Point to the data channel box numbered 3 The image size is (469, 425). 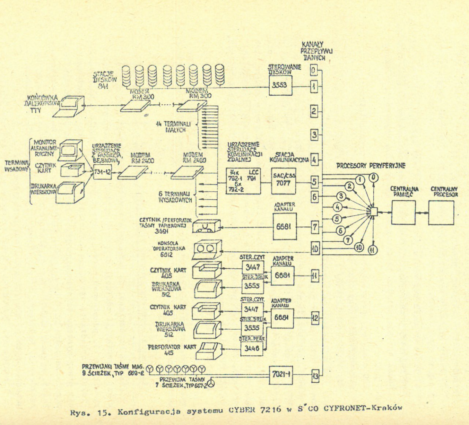(314, 135)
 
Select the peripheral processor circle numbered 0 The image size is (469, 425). (374, 177)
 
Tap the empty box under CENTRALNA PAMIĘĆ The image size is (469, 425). (403, 212)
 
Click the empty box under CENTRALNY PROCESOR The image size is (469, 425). (441, 212)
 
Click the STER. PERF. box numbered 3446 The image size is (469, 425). (252, 348)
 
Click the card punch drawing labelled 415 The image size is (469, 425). (208, 351)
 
